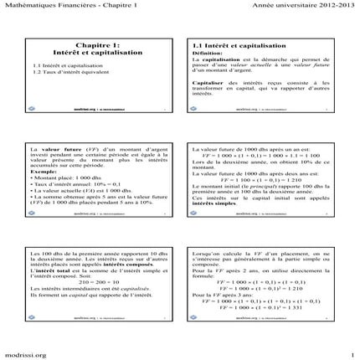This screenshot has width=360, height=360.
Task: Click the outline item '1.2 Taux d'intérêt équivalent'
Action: pyautogui.click(x=78, y=73)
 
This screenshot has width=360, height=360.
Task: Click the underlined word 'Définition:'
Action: pyautogui.click(x=208, y=53)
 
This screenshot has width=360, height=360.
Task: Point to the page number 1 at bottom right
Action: pyautogui.click(x=353, y=352)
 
